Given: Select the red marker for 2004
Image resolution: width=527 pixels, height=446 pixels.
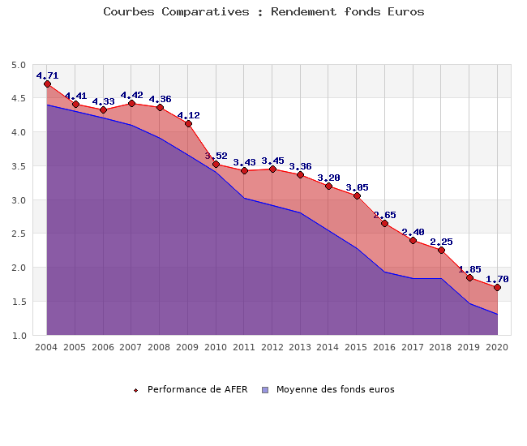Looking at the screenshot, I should click(48, 84).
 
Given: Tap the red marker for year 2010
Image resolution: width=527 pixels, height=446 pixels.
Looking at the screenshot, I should click(216, 165).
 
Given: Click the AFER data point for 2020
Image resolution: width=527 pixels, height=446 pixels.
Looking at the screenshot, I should click(497, 288).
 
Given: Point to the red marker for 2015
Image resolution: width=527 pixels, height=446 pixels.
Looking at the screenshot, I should click(357, 196).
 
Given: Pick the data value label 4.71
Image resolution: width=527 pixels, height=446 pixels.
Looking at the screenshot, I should click(48, 75).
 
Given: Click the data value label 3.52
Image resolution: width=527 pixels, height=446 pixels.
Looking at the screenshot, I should click(216, 156).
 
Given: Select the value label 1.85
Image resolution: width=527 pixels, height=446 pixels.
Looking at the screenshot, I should click(469, 268).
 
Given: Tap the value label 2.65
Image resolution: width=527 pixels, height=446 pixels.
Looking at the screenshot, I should click(385, 215).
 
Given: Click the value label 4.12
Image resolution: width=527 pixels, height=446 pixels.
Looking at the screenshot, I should click(188, 115).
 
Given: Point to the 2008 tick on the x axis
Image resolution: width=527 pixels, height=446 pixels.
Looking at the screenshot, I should click(160, 346).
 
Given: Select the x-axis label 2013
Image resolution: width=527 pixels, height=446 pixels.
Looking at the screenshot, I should click(300, 346).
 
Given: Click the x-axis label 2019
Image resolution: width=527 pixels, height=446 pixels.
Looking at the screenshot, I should click(469, 346).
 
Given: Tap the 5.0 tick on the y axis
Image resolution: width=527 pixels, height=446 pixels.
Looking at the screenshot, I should click(19, 65).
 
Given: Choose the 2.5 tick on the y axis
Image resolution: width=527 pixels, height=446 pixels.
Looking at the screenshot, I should click(19, 234).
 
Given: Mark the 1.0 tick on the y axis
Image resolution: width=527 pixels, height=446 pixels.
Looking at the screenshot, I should click(19, 335).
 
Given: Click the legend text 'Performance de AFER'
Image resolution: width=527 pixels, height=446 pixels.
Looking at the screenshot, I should click(197, 389).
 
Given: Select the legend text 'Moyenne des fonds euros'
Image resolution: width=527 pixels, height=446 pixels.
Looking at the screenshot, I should click(335, 389).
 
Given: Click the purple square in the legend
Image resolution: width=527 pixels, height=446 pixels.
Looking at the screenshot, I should click(265, 390).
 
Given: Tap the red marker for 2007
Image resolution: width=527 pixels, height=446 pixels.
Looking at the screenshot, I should click(132, 104).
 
